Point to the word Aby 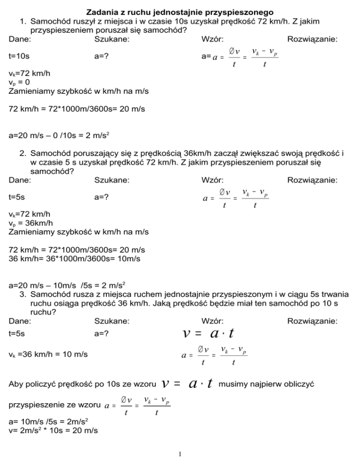click(16, 384)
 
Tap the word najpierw click(264, 384)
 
